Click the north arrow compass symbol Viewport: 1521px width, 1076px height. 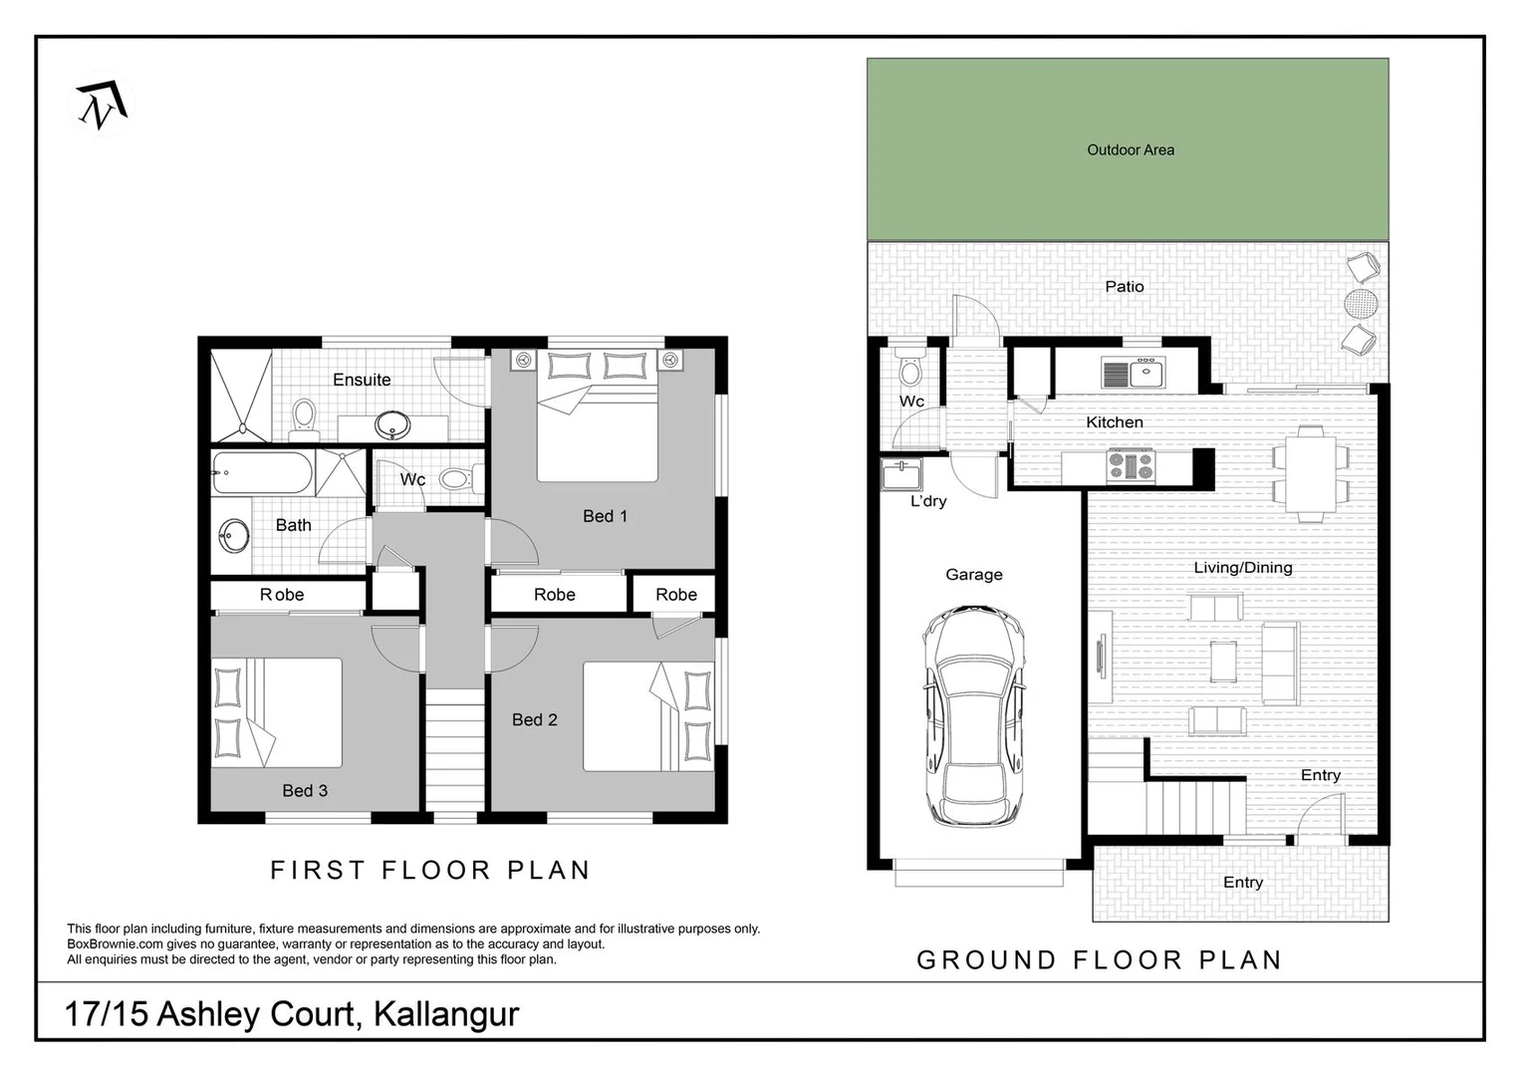102,106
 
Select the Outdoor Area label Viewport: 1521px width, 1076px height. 1130,150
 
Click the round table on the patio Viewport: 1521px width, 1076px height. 1361,302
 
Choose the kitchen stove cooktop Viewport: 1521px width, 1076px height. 1131,464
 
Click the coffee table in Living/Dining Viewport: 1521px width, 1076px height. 1223,662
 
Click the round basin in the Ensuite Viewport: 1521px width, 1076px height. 391,426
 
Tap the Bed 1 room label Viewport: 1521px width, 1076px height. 605,516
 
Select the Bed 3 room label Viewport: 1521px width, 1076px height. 304,791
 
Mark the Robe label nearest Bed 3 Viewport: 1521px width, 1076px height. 282,595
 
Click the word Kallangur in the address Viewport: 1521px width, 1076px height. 446,1014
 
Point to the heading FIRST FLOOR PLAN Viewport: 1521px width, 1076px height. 430,870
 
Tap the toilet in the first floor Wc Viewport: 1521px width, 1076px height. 458,479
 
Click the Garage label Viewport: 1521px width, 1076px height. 973,575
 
